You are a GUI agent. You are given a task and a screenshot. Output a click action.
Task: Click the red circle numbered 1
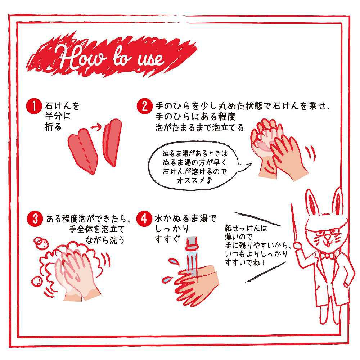[34, 107]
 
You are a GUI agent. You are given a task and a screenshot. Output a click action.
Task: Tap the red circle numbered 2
[144, 106]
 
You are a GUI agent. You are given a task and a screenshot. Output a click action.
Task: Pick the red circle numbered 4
[144, 219]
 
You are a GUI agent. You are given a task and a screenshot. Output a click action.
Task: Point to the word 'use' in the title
[150, 60]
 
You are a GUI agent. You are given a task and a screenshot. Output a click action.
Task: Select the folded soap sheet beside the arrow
[112, 142]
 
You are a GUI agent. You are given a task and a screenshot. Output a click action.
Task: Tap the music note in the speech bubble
[208, 181]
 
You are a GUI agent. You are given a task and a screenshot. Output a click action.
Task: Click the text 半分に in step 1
[58, 116]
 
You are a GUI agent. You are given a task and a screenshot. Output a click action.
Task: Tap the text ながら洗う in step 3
[105, 240]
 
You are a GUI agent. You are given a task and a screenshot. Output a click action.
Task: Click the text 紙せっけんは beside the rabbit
[246, 228]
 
